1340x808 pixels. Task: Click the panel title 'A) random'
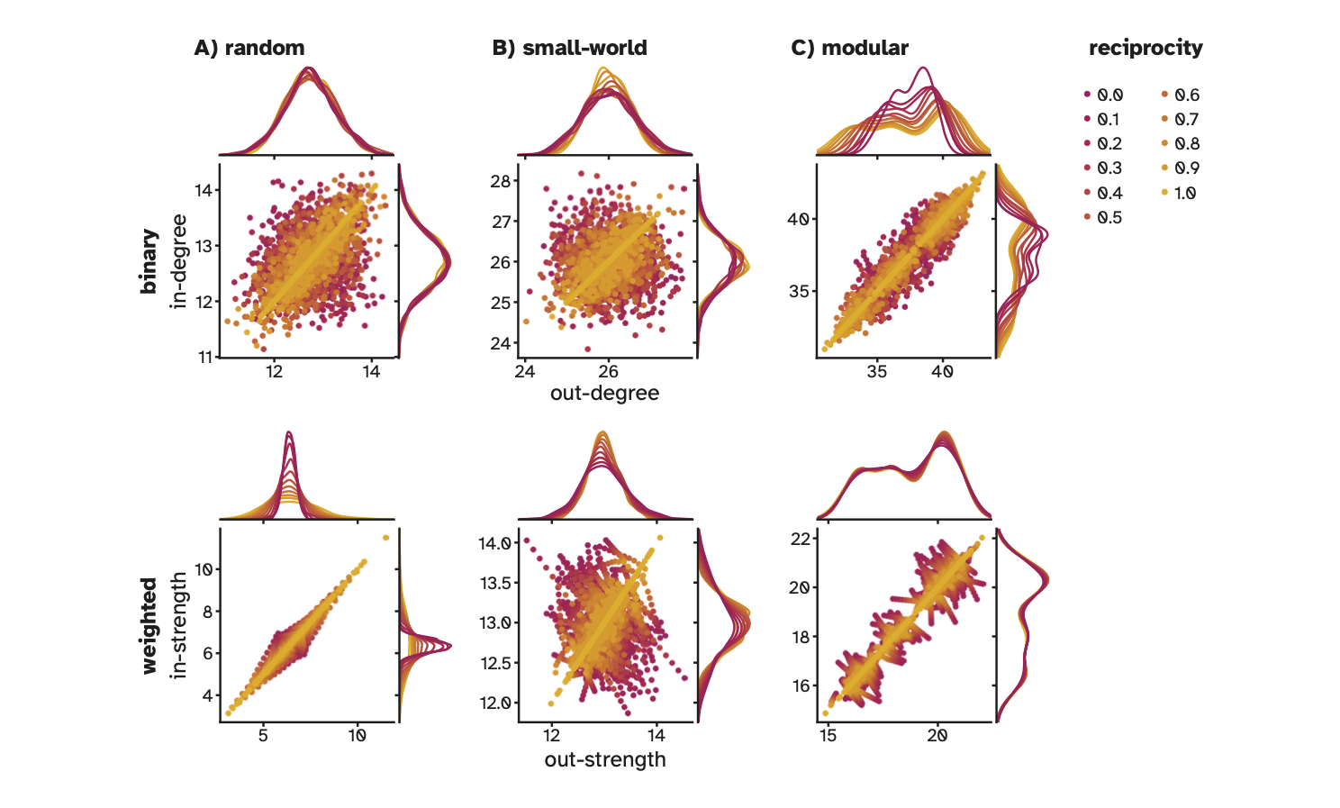249,48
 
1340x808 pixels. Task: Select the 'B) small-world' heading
569,48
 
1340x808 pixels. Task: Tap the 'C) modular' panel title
849,48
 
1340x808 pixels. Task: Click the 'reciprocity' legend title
1145,48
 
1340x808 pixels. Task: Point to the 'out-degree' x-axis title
604,393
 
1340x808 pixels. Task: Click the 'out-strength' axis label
604,759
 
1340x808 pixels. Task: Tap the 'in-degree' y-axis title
179,261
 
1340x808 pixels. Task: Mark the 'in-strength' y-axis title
179,624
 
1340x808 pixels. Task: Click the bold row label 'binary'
149,261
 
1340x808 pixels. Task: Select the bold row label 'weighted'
149,625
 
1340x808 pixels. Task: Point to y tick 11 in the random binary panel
206,357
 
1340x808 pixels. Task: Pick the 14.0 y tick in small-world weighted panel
494,543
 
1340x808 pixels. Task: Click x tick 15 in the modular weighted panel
828,735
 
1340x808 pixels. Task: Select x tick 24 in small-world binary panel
524,371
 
